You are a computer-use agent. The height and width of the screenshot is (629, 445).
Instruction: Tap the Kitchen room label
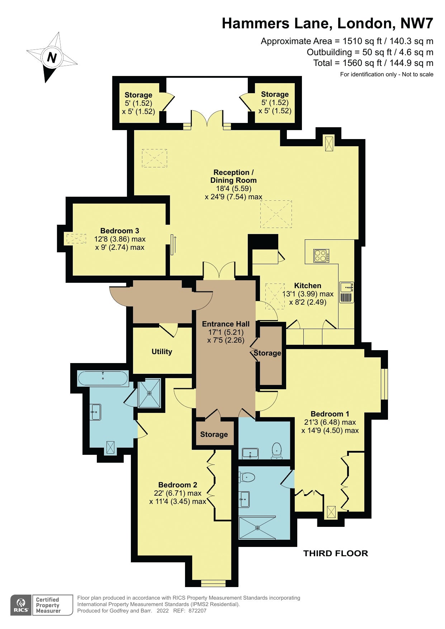(x=308, y=286)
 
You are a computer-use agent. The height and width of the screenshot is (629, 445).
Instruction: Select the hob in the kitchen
(x=321, y=256)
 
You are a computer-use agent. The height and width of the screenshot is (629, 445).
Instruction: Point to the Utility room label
(x=162, y=352)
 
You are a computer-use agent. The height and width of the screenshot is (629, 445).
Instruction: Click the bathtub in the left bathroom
(x=103, y=378)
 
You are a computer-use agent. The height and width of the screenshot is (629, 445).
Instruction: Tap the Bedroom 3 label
(x=120, y=231)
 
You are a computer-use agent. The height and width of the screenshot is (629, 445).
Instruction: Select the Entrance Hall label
(x=226, y=324)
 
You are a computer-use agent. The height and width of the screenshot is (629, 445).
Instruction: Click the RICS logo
(x=21, y=605)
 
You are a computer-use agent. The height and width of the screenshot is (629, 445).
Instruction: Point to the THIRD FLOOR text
(x=336, y=553)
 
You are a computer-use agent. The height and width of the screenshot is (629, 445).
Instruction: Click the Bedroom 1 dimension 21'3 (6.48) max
(x=330, y=422)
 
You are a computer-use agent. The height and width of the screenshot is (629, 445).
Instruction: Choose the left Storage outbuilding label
(x=138, y=95)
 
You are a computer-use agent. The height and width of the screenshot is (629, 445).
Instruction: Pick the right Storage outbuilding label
(x=275, y=94)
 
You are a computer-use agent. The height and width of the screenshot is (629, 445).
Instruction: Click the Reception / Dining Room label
(x=233, y=176)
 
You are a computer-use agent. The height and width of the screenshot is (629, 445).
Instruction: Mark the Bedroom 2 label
(x=178, y=485)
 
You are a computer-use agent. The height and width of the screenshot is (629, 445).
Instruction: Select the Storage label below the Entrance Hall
(x=214, y=434)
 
